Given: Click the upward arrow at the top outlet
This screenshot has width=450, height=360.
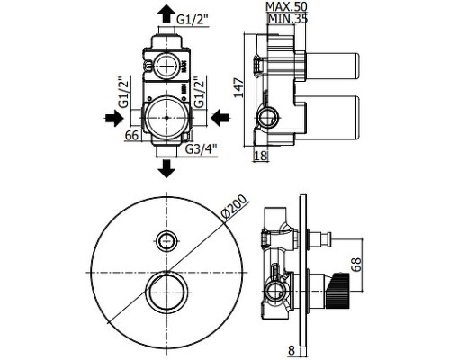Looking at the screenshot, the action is point(166,14).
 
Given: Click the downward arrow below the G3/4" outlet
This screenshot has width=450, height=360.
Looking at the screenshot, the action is point(166,168).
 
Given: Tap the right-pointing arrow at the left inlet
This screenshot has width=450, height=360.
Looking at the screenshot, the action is point(114,118).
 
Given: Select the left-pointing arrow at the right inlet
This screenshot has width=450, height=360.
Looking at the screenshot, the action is point(220,118).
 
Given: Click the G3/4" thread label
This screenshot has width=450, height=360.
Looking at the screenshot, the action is point(200,149).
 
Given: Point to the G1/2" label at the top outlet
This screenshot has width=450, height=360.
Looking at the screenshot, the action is point(192,20).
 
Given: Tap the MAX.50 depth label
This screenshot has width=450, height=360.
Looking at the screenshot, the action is point(286,6).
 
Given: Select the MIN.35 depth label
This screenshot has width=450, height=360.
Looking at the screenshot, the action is point(287,19).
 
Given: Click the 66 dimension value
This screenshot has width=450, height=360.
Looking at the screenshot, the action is point(132,136).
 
